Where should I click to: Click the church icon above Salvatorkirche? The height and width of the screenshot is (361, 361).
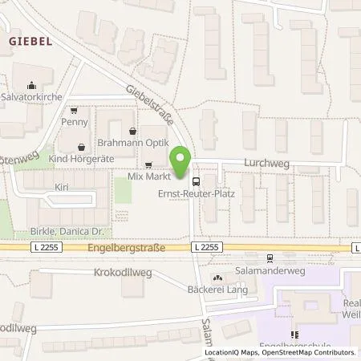31,85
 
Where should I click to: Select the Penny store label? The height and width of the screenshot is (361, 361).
74,123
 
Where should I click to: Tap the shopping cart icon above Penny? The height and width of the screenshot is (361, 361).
74,112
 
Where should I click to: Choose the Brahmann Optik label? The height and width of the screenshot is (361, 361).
133,141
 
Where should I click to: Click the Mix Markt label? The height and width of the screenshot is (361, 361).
146,175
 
